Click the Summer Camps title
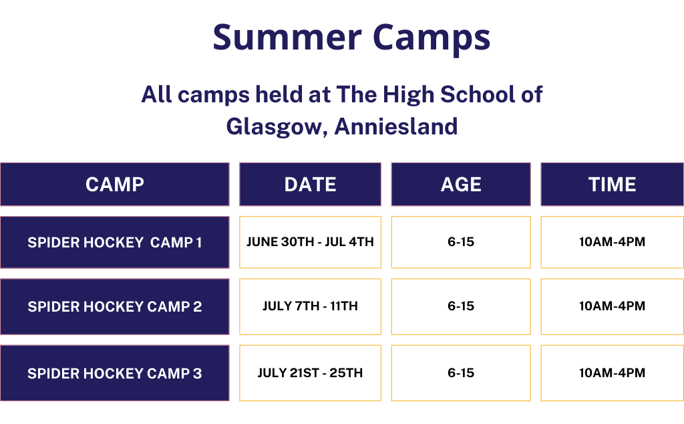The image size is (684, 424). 351,38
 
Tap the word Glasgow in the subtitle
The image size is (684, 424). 277,127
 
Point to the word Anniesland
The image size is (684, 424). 396,126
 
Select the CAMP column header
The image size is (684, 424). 115,185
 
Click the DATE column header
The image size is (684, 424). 310,185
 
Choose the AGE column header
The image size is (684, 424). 461,185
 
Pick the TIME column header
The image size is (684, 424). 613,185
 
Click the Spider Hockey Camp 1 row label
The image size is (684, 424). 115,242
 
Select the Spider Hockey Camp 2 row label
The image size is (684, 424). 115,306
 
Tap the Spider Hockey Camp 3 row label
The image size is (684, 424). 115,373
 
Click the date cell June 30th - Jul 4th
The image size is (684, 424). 310,242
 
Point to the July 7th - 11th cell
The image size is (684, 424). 310,306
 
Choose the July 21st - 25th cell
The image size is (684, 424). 310,373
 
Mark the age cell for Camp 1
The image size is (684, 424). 461,242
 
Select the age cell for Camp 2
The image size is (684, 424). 461,306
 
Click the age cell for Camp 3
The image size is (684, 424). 461,373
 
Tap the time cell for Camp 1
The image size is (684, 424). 613,242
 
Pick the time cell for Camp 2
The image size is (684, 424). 613,306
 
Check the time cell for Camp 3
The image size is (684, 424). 613,373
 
